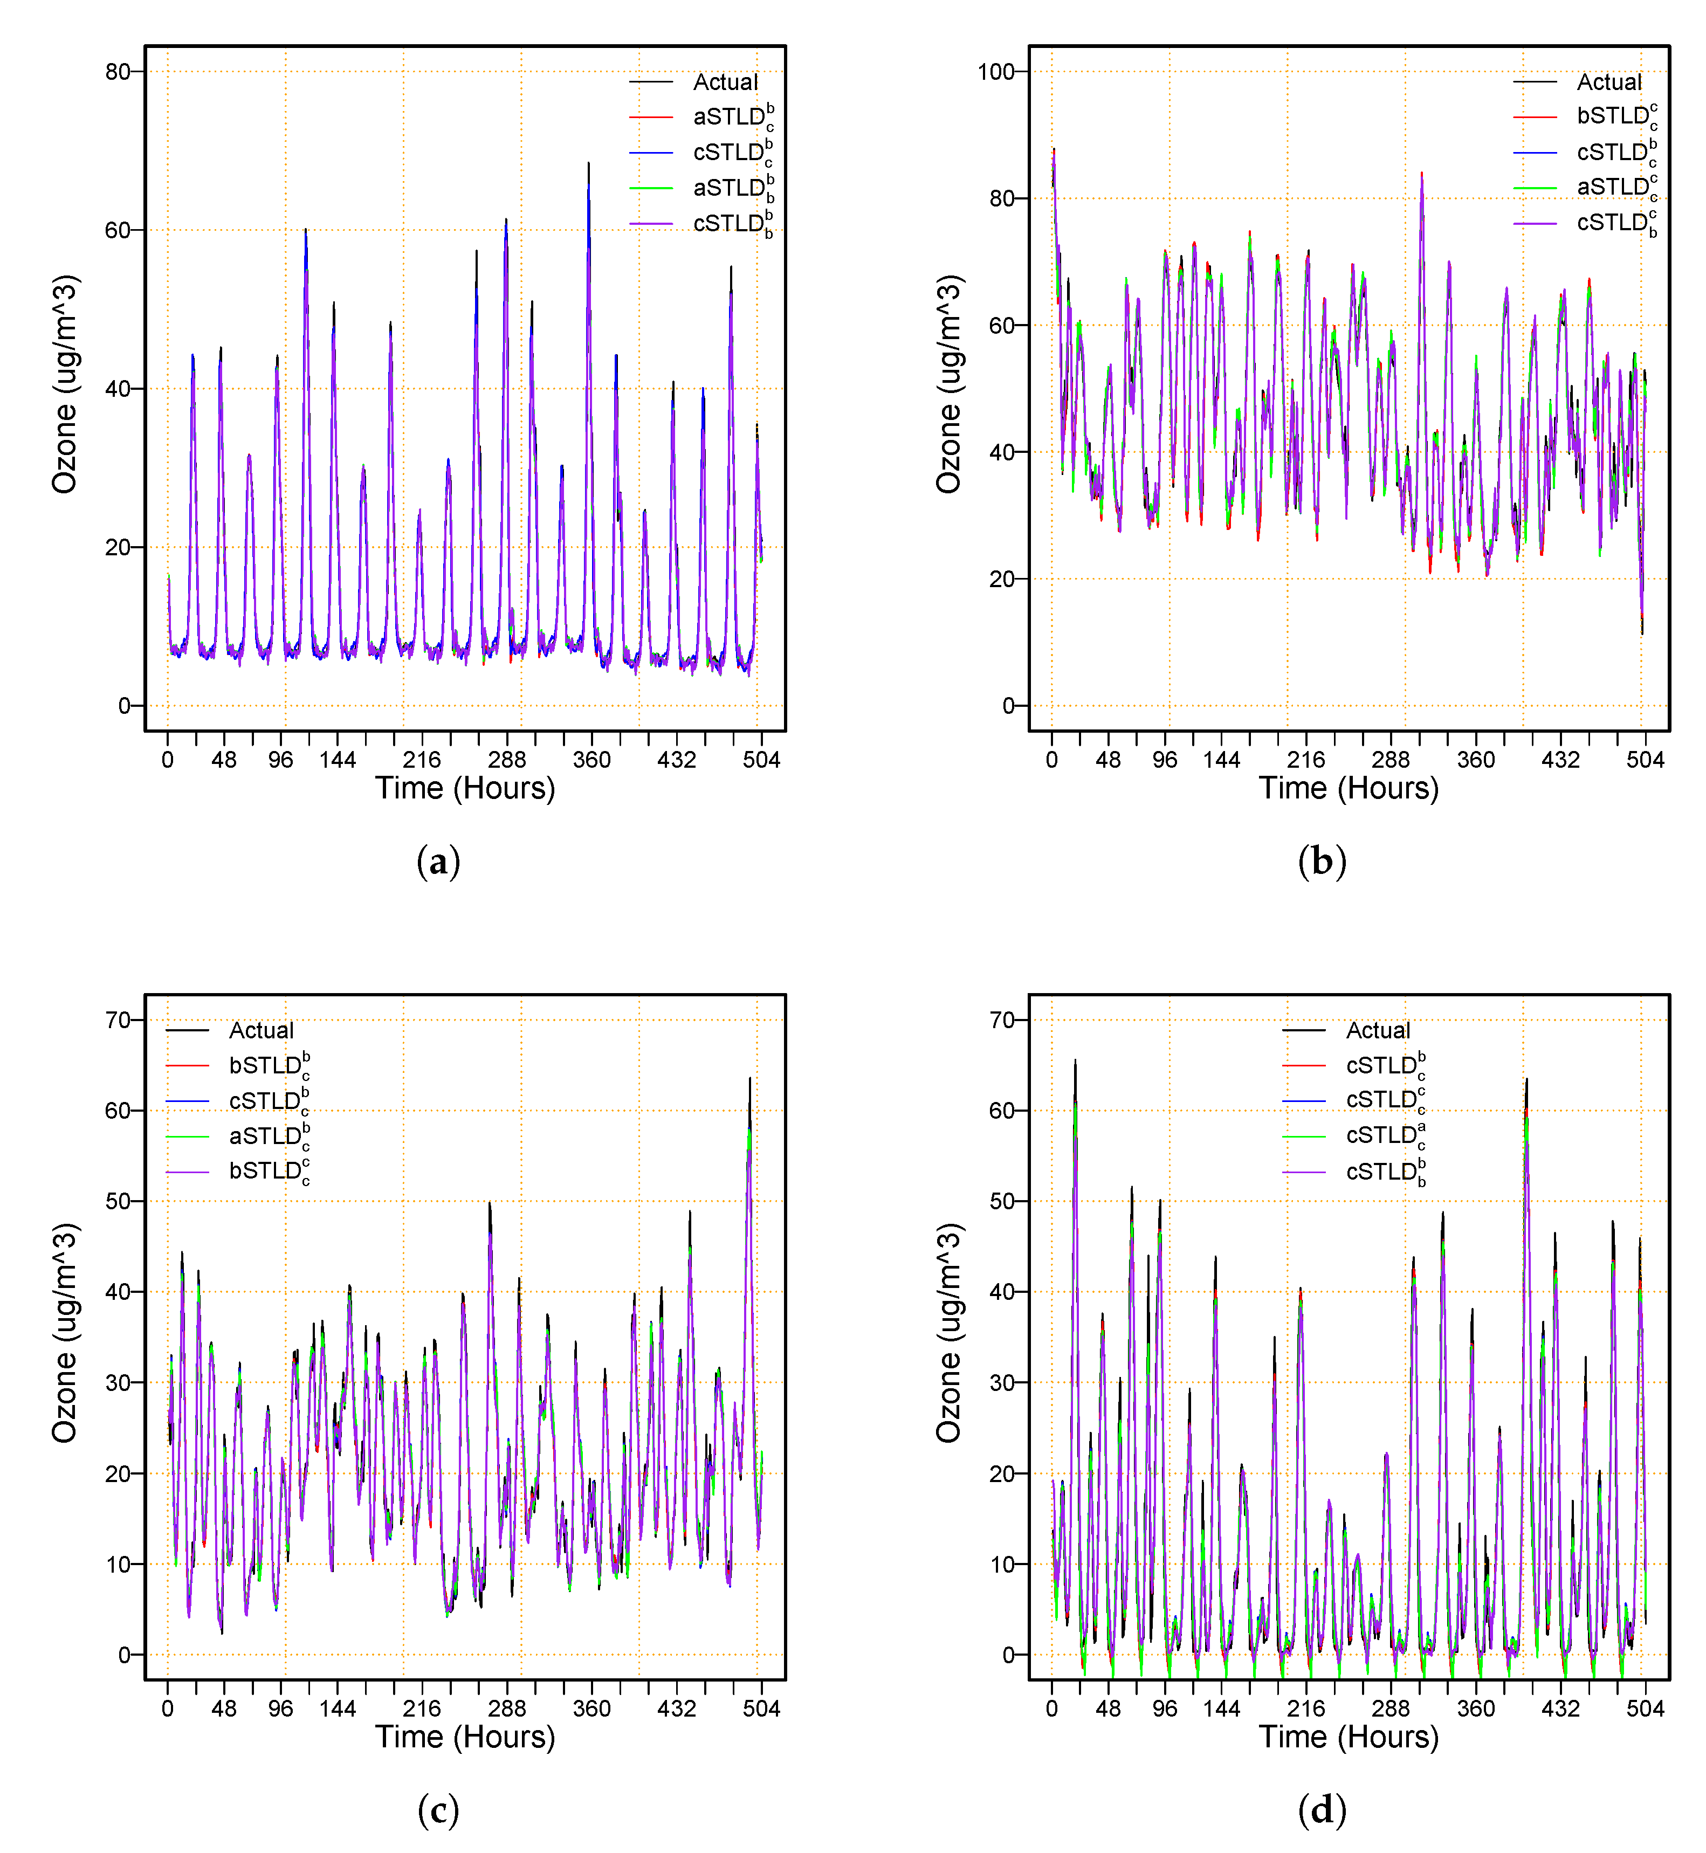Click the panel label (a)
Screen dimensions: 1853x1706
click(438, 862)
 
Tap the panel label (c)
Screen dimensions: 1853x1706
click(438, 1810)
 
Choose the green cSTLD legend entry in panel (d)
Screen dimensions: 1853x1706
click(1385, 1135)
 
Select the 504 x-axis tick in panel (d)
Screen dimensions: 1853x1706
click(1645, 1709)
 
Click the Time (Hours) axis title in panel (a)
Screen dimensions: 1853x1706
click(464, 788)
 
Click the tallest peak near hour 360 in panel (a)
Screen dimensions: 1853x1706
click(588, 164)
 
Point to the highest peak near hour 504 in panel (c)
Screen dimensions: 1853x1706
click(749, 1078)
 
